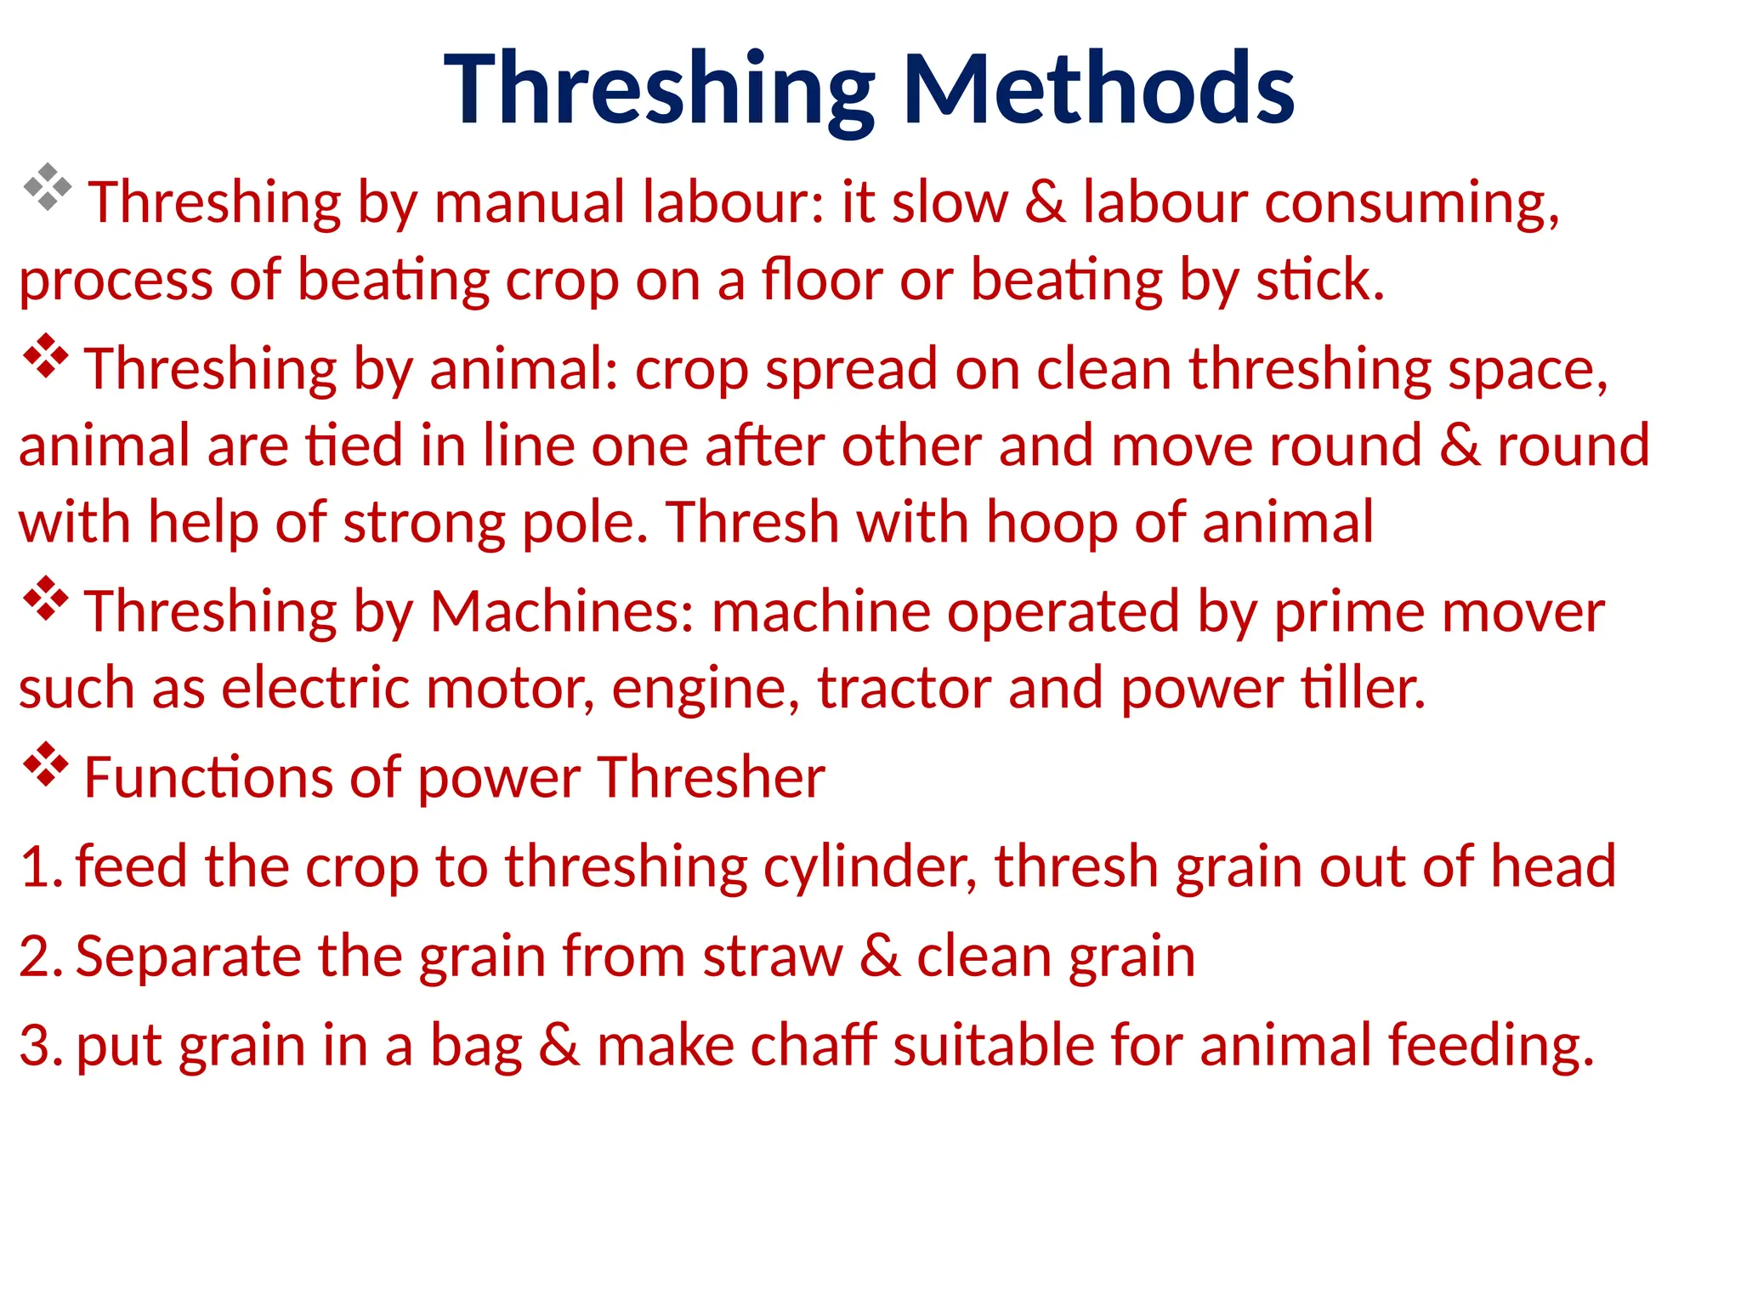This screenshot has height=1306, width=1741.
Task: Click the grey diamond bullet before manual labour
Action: point(47,187)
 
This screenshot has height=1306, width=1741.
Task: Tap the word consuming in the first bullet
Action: point(1411,204)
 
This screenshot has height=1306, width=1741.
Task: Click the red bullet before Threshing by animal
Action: point(45,357)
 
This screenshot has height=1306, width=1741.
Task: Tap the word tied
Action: point(354,446)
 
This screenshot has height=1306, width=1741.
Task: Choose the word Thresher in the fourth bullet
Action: point(711,777)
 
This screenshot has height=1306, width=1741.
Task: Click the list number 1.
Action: point(39,867)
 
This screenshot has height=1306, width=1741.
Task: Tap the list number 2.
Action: point(39,957)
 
